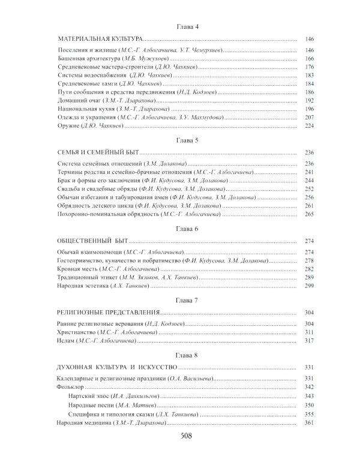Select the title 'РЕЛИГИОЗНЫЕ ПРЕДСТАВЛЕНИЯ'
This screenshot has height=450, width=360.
tap(113, 313)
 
